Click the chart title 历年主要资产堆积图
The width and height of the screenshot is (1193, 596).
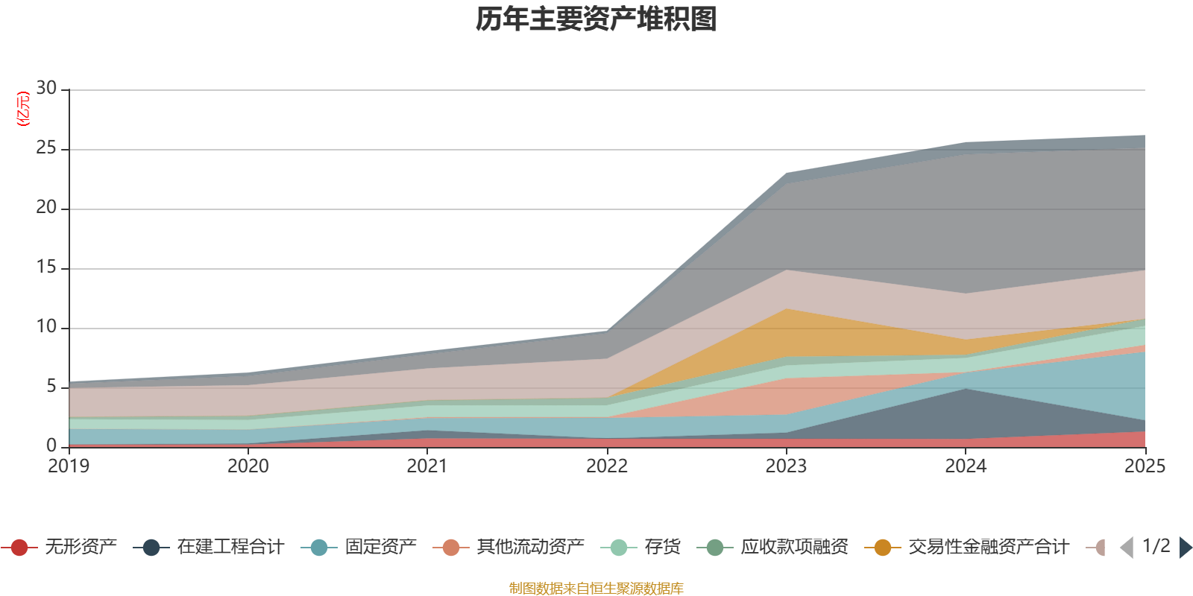pos(596,19)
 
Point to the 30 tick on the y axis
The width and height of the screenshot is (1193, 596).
pos(46,89)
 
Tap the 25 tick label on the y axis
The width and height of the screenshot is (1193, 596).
pos(46,148)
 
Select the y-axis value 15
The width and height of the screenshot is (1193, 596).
pos(46,267)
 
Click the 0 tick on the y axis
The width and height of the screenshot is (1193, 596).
pos(51,446)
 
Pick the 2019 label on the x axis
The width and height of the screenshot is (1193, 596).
pos(69,466)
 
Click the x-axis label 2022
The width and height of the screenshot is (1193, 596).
pos(607,466)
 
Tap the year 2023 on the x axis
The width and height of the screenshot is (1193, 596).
pos(786,466)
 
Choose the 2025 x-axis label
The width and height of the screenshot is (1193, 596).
pos(1144,466)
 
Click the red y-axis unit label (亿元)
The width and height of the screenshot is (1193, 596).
pos(23,109)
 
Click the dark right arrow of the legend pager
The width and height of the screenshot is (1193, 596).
pos(1185,548)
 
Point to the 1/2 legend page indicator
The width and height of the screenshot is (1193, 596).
pos(1156,546)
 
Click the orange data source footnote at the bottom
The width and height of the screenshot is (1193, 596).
pos(596,589)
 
